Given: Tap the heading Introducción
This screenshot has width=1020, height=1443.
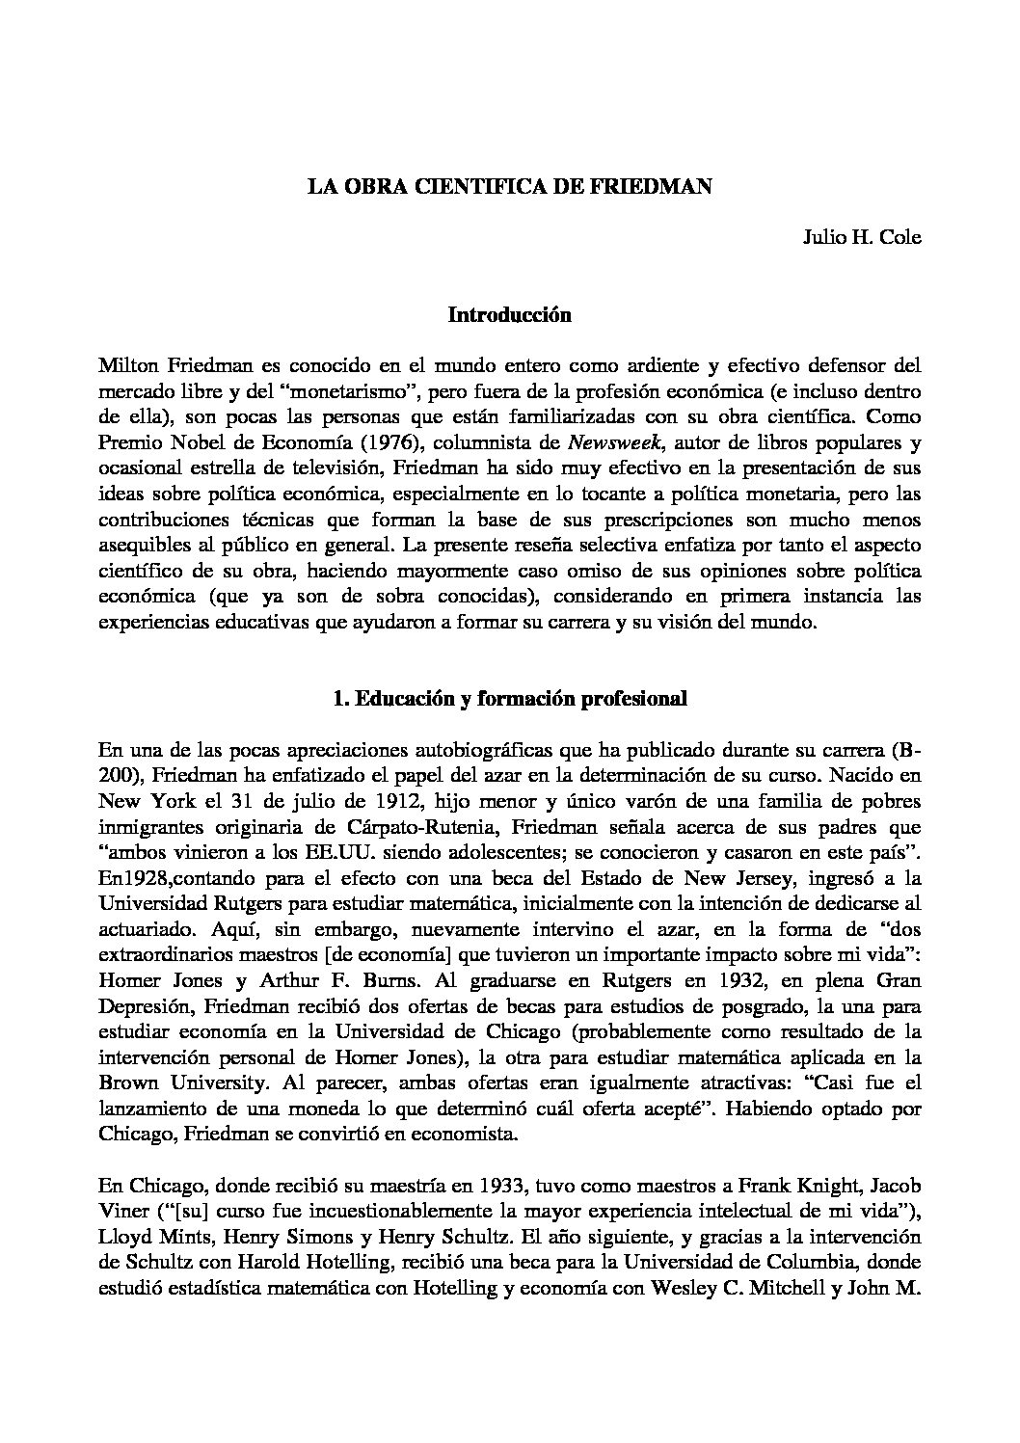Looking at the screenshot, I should coord(510,315).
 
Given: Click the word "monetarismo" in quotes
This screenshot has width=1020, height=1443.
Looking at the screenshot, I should coord(354,391).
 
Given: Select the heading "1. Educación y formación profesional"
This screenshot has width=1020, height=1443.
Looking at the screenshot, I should coord(510,700).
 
